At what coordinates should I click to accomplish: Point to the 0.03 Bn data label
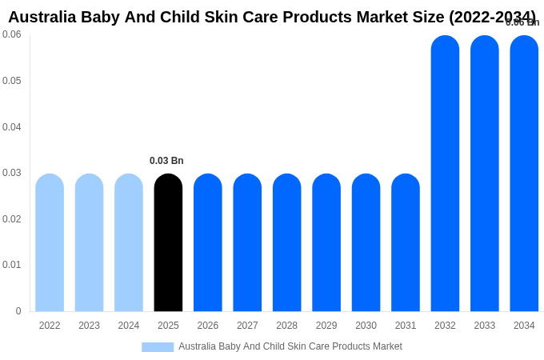(166, 161)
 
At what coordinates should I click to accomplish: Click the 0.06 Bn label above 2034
(522, 22)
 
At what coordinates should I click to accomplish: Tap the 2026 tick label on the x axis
(208, 326)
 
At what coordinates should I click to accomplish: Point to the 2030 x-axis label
(366, 326)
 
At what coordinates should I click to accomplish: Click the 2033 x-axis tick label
(485, 326)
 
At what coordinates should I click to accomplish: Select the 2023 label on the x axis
(89, 326)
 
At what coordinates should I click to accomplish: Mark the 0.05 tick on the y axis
(12, 81)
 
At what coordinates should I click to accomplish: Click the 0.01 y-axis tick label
(12, 265)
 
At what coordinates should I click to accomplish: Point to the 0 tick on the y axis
(18, 311)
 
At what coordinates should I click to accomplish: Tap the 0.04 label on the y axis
(12, 127)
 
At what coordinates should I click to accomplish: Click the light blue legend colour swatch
(158, 347)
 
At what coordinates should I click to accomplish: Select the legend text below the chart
(290, 346)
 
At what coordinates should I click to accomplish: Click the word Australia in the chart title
(42, 17)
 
